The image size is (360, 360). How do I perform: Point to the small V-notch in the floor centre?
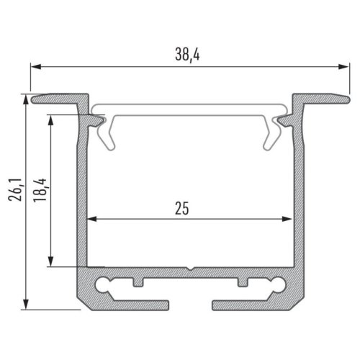190,271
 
